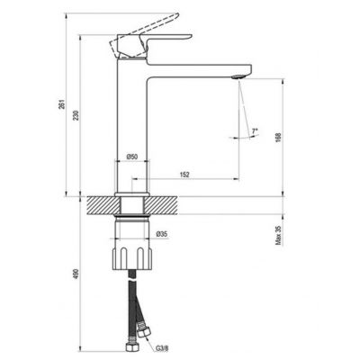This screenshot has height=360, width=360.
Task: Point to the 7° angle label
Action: click(254, 132)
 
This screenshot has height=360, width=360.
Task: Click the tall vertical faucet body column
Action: click(132, 126)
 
